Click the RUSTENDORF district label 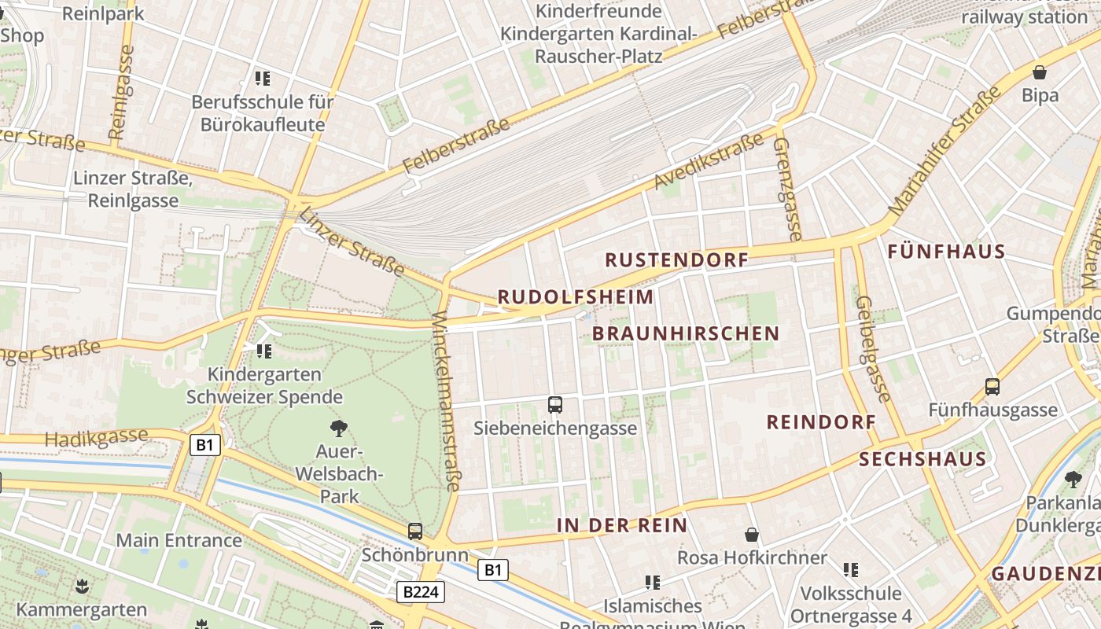(x=676, y=260)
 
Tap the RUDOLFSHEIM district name (x=576, y=297)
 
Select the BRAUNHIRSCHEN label (x=685, y=333)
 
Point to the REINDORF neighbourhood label (x=821, y=422)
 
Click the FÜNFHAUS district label (x=946, y=252)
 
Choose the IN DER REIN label (x=622, y=525)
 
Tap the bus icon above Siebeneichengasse (x=555, y=405)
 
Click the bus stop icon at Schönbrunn (x=415, y=532)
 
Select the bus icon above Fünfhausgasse (x=992, y=387)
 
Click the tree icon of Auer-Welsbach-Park (x=339, y=429)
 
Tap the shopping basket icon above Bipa (x=1040, y=72)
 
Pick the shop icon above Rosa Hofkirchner (x=752, y=535)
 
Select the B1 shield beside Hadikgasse (x=204, y=445)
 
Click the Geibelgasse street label (x=874, y=348)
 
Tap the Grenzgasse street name (x=787, y=189)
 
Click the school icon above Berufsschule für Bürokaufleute (x=263, y=78)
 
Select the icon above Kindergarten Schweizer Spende (x=264, y=351)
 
